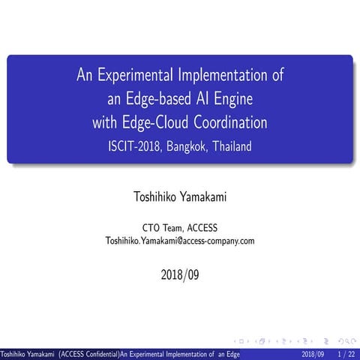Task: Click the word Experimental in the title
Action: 132,75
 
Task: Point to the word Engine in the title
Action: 232,98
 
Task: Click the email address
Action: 180,241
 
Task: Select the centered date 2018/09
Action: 180,274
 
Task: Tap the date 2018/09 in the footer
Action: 312,353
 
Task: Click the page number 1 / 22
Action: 346,353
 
